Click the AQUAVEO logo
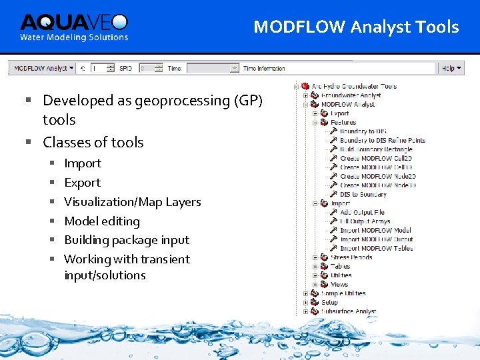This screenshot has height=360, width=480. pos(73,27)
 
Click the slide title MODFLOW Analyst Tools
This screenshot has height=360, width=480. pos(356,27)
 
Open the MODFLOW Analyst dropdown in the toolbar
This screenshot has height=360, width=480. pos(41,68)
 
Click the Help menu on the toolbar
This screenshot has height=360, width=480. pos(449,68)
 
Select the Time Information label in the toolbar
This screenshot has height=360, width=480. pos(264,68)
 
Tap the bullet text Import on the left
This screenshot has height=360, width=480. pos(82,163)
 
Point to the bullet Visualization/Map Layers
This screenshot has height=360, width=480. pos(132,202)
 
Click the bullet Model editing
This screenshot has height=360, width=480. pos(101,221)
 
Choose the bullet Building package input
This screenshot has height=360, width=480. pos(126,240)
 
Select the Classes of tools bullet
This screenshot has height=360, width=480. pos(93,143)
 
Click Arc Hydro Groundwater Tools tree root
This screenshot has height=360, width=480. pos(354,86)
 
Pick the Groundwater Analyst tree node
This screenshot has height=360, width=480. pos(351,95)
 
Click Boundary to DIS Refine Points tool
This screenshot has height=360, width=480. pos(382,141)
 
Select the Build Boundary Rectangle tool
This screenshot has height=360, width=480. pos(376,149)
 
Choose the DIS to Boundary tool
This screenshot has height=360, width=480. pos(363,195)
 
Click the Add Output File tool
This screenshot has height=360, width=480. pos(362,213)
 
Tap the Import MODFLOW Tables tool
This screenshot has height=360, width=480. pos(376,249)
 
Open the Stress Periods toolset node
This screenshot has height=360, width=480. pos(351,257)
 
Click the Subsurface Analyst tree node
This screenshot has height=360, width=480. pos(348,311)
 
